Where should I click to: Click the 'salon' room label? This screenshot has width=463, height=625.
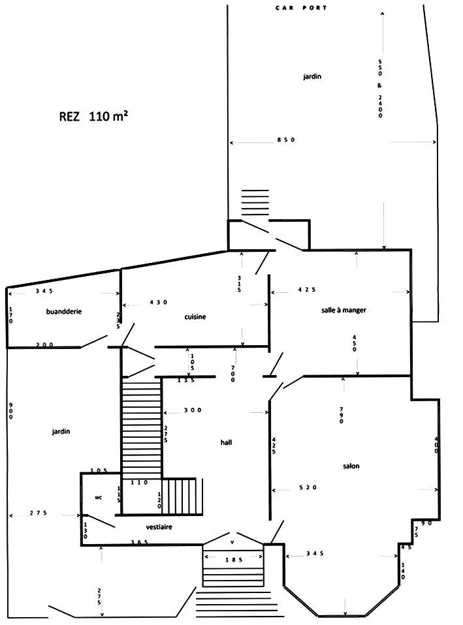[x=351, y=466]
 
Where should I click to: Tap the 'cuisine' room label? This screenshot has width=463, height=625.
[x=195, y=316]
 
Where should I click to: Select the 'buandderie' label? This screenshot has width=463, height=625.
[x=64, y=311]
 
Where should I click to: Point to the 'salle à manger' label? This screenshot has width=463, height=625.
[x=343, y=310]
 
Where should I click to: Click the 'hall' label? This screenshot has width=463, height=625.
[x=226, y=442]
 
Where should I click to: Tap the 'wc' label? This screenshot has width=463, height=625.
[x=98, y=497]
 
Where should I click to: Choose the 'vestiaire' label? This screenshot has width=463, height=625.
[x=159, y=527]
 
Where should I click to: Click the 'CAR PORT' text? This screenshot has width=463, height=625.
[x=301, y=8]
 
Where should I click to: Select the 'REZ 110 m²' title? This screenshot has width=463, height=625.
[x=93, y=116]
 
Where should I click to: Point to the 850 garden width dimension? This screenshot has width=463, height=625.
[x=286, y=140]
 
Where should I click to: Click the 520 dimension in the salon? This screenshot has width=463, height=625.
[x=308, y=487]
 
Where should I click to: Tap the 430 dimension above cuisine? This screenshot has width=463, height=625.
[x=159, y=302]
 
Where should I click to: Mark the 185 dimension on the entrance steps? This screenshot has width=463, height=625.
[x=234, y=560]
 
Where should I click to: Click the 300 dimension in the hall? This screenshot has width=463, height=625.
[x=193, y=410]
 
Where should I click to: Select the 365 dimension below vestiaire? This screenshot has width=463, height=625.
[x=140, y=542]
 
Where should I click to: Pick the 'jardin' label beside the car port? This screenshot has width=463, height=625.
[x=312, y=76]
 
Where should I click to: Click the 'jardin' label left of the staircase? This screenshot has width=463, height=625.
[x=61, y=431]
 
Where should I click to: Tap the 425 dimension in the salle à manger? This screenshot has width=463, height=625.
[x=306, y=290]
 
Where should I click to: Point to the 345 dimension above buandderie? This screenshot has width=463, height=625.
[x=44, y=291]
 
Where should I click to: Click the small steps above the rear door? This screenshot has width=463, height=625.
[x=255, y=202]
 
